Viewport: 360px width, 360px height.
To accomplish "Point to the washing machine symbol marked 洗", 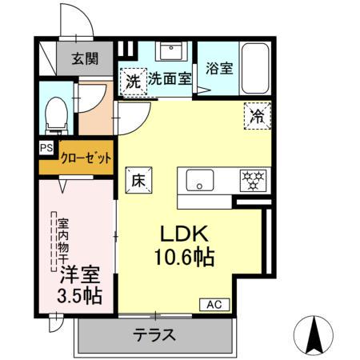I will coord(133,79).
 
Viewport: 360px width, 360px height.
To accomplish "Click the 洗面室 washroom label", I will coord(169,79).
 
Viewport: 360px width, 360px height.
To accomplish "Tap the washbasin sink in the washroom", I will coord(170,51).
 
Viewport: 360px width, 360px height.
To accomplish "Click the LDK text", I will coord(188,234).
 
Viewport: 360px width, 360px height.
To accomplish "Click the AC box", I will coord(215,304).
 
